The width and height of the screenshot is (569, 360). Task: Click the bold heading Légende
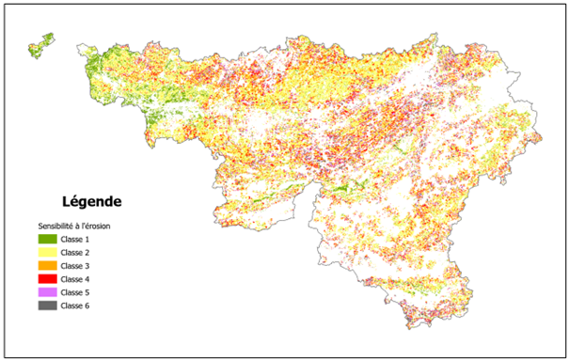tap(91, 201)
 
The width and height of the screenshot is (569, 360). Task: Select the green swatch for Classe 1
tap(47, 240)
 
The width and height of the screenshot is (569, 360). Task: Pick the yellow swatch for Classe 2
tap(47, 253)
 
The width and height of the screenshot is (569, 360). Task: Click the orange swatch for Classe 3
tap(47, 266)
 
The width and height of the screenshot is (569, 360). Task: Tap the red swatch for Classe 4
tap(47, 279)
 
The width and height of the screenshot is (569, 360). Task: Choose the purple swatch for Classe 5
tap(47, 292)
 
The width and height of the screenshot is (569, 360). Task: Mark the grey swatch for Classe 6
tap(47, 305)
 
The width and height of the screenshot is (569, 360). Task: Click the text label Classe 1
tap(76, 240)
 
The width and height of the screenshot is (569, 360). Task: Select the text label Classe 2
tap(76, 253)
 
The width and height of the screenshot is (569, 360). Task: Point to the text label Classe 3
tap(76, 266)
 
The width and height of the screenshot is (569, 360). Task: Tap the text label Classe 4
tap(76, 279)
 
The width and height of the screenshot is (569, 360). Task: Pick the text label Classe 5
tap(76, 292)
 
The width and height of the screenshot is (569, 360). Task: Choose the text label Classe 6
tap(76, 305)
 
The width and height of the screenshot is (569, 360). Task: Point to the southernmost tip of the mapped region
tap(411, 328)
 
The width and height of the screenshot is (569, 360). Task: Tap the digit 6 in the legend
tap(89, 305)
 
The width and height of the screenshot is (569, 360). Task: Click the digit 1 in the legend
tap(89, 240)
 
